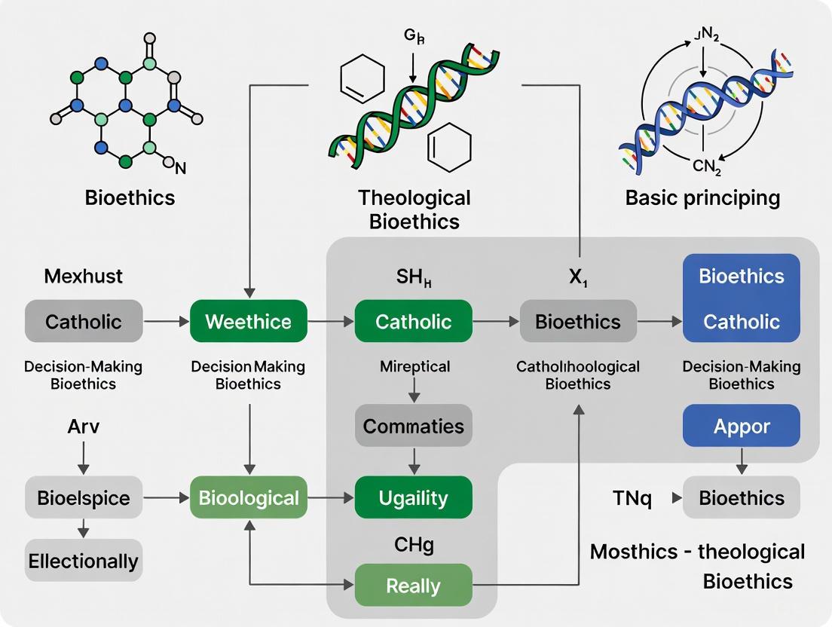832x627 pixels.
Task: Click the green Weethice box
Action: coord(248,322)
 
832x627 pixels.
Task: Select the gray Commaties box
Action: coord(413,426)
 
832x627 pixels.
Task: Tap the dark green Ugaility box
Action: coord(413,498)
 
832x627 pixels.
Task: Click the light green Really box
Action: coord(413,586)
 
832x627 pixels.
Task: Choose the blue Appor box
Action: coord(741,426)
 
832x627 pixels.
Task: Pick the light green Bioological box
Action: coord(248,498)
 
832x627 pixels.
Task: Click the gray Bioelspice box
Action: coord(83,498)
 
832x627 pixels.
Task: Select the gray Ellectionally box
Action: coord(83,561)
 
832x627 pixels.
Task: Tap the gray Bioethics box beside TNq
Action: coord(741,498)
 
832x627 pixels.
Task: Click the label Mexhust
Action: coord(83,276)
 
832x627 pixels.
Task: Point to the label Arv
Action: coord(83,427)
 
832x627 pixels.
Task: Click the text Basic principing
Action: coord(702,198)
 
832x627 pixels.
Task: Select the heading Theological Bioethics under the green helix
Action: coord(414,210)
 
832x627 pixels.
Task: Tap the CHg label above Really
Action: coord(414,544)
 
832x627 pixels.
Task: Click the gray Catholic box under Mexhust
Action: coord(83,322)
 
